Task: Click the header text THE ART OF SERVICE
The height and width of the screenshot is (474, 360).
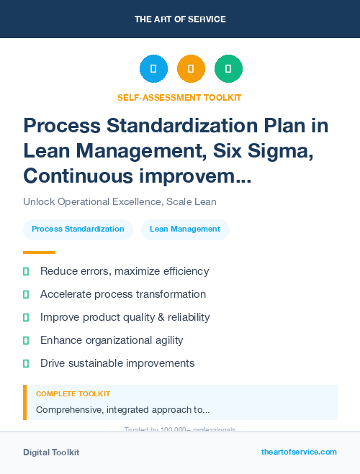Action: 180,19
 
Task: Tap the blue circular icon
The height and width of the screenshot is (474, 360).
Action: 153,69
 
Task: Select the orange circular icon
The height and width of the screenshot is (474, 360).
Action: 191,69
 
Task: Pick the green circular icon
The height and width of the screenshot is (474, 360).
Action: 228,69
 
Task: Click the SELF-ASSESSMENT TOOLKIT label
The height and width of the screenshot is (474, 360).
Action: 179,97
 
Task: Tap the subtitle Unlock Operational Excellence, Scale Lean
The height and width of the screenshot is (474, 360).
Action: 120,202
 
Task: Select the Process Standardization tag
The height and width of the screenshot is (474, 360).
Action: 78,229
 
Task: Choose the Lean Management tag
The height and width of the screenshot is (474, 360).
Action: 185,229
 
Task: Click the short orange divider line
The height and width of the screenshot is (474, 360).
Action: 39,252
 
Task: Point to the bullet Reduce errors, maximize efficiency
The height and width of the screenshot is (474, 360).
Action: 125,271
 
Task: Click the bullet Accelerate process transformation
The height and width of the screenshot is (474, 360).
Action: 123,294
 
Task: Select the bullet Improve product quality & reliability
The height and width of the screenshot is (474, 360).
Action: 125,317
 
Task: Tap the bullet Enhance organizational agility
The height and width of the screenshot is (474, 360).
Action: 112,340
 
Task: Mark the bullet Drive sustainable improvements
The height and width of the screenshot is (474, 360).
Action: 117,363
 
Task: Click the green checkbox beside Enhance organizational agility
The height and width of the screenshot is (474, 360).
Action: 26,340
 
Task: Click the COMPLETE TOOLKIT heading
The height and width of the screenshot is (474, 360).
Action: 73,394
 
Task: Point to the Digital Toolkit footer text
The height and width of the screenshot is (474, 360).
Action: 51,452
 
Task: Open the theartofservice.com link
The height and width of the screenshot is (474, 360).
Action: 299,452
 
